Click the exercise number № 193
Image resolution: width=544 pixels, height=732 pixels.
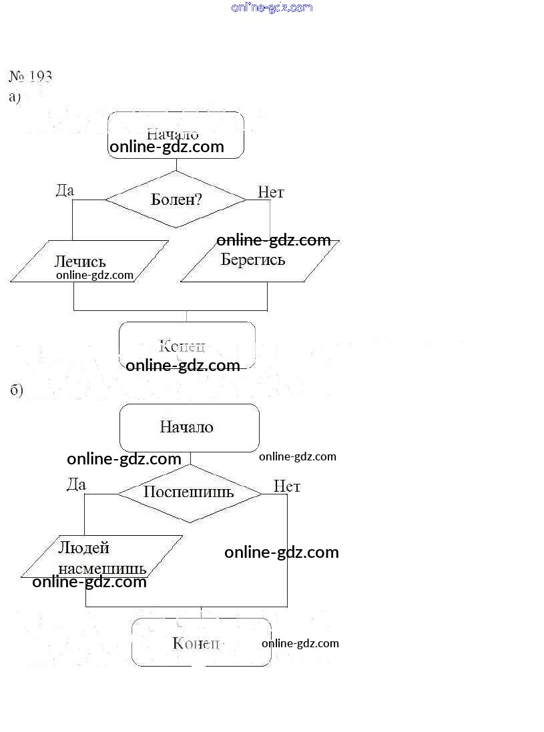tap(31, 75)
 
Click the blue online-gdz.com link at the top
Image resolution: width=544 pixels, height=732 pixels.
tap(272, 7)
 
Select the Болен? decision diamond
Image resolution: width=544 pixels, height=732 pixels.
tap(176, 199)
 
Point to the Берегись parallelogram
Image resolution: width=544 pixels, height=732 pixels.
tap(260, 262)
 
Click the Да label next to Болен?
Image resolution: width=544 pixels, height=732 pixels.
tap(65, 190)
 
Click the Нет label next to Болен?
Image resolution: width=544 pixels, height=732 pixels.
tap(271, 192)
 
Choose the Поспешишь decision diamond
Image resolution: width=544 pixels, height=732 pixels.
tap(190, 493)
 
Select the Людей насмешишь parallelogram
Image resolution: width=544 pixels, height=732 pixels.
tap(101, 557)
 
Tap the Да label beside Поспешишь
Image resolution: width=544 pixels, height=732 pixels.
tap(76, 484)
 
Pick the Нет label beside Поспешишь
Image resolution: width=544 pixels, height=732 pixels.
tap(287, 486)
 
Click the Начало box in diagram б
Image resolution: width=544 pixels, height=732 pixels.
tap(189, 428)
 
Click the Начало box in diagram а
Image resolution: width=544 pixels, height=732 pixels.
tap(176, 134)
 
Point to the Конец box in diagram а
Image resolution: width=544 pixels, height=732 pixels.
tap(187, 346)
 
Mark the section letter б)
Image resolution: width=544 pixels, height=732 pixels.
tap(17, 390)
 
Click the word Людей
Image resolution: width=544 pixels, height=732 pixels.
tap(83, 548)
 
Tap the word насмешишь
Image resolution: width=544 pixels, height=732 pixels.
tap(102, 569)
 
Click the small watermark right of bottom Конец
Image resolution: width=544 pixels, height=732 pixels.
tap(300, 643)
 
